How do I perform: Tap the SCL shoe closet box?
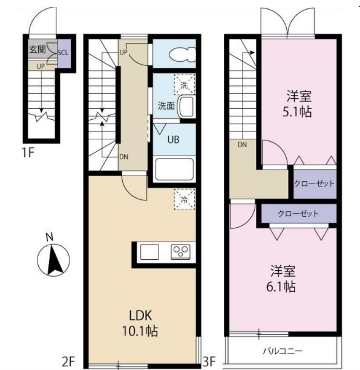62,53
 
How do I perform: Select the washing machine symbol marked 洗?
184,85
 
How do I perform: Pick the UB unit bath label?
173,139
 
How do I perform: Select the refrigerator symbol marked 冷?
184,197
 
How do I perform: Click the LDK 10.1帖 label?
143,323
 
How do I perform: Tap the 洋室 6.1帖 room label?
283,278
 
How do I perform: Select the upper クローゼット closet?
315,183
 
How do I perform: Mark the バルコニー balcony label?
283,350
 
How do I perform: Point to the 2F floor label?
68,362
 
